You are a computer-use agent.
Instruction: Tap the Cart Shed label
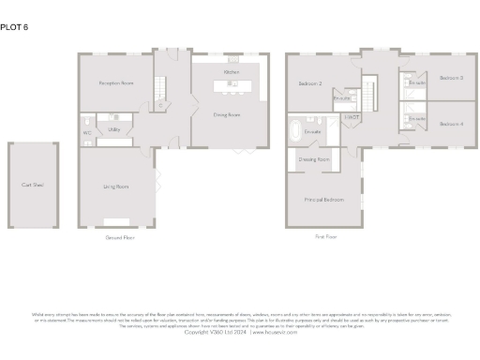pos(33,185)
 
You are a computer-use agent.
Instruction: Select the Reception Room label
pos(116,83)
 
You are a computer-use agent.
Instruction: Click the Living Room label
pos(115,187)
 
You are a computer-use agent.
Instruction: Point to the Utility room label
pos(114,129)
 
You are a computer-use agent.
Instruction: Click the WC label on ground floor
pos(87,132)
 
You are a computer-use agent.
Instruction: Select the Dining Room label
pos(228,115)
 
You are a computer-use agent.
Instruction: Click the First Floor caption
pos(325,238)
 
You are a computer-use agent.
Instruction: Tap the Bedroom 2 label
pos(310,83)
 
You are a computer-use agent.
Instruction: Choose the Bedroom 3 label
pos(452,78)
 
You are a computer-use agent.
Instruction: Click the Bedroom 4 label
pos(452,124)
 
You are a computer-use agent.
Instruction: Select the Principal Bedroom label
pos(322,200)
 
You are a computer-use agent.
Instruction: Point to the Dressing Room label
pos(313,159)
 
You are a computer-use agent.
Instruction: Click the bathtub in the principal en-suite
pos(296,129)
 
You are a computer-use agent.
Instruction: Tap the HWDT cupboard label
pos(352,117)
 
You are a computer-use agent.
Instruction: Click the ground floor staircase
pos(160,91)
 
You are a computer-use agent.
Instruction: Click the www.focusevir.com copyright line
pos(239,332)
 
